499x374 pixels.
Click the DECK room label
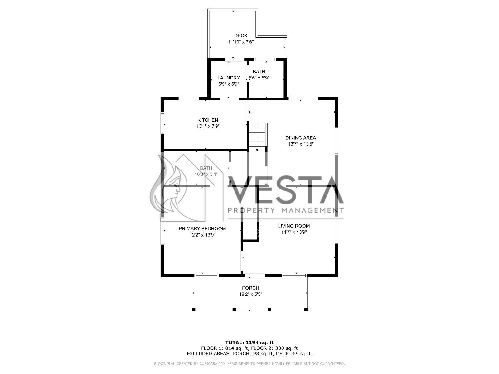tap(240, 36)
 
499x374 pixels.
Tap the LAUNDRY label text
tap(229, 78)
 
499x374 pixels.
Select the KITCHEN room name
tap(208, 120)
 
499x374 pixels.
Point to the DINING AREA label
tap(301, 138)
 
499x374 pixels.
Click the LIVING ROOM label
tap(294, 226)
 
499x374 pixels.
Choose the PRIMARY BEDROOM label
tap(202, 229)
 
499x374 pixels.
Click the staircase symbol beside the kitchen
tap(258, 137)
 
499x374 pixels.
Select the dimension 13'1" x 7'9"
tap(208, 126)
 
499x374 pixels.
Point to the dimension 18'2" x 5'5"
tap(250, 294)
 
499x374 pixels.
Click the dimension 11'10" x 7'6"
tap(241, 42)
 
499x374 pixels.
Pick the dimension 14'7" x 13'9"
tap(294, 232)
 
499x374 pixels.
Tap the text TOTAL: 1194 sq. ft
tap(249, 343)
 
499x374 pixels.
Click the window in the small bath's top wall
tap(265, 60)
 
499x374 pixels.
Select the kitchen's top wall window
tap(189, 98)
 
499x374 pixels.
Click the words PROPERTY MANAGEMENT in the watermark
tap(286, 210)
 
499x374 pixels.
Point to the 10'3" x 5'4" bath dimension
tap(206, 175)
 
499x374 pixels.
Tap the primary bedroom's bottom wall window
tap(206, 275)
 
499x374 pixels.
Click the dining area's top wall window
tap(303, 98)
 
